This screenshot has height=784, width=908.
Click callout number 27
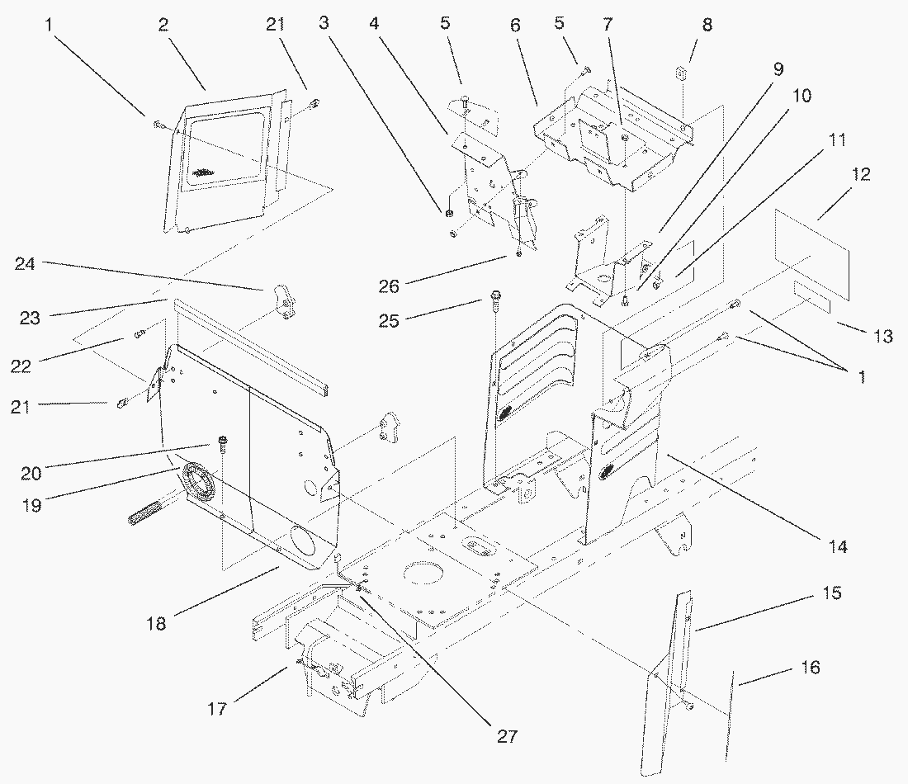pyautogui.click(x=508, y=736)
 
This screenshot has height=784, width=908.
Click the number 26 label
pyautogui.click(x=389, y=286)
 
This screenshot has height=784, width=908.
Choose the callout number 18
pyautogui.click(x=156, y=624)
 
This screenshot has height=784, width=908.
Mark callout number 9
pyautogui.click(x=778, y=70)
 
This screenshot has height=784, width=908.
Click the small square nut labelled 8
pyautogui.click(x=681, y=73)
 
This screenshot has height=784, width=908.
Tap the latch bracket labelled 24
pyautogui.click(x=283, y=303)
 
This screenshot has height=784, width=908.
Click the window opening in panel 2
pyautogui.click(x=224, y=149)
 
